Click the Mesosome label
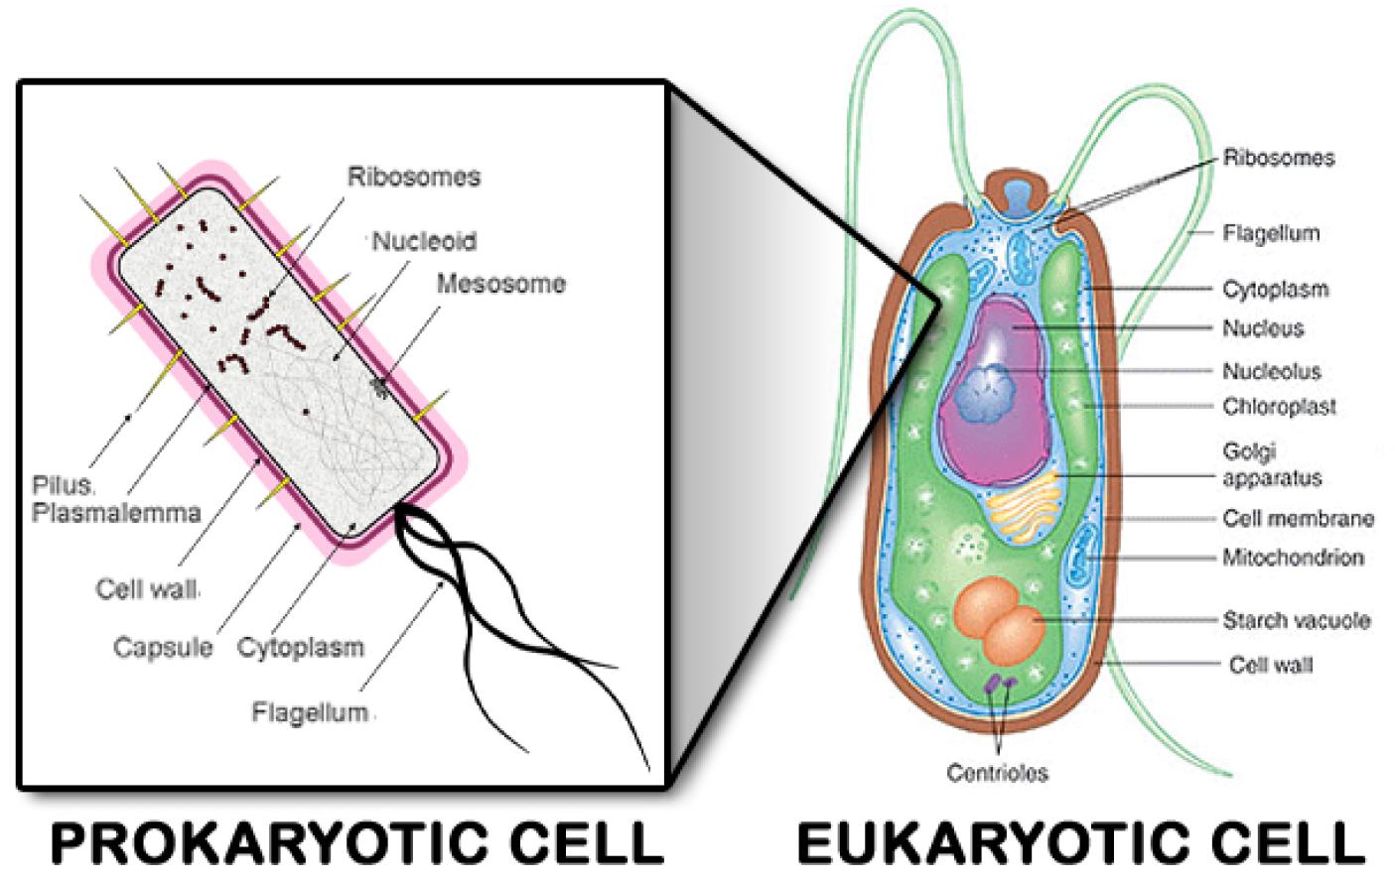point(500,284)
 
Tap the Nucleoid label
point(424,241)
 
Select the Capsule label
point(163,648)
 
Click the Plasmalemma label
point(116,513)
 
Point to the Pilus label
point(62,485)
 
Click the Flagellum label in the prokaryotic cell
point(310,712)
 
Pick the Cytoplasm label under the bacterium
point(300,648)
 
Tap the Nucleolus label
point(1271,371)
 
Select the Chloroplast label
point(1279,406)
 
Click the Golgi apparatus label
point(1271,464)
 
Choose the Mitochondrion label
point(1292,557)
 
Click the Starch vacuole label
point(1296,620)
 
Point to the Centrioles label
point(997,772)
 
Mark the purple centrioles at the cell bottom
point(999,684)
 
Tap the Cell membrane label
point(1298,518)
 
